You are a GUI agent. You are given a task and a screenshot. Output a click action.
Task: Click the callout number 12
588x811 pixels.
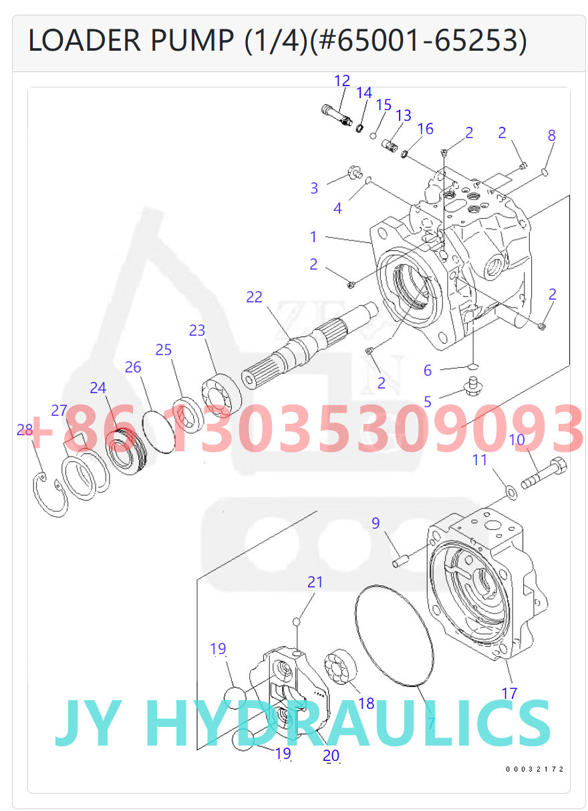tap(341, 81)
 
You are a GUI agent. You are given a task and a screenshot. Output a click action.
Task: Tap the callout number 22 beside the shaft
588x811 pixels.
tap(254, 297)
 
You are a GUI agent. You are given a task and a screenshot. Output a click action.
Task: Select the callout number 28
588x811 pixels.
tap(25, 430)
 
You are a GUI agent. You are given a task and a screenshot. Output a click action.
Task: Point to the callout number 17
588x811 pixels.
tap(509, 694)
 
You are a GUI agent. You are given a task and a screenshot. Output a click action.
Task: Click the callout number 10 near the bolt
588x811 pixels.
tap(517, 440)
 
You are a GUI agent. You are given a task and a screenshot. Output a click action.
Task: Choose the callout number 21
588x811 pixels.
tap(315, 582)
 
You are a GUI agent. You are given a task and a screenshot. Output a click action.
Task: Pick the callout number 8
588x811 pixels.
tap(551, 136)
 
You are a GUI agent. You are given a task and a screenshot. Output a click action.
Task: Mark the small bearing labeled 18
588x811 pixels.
tap(340, 669)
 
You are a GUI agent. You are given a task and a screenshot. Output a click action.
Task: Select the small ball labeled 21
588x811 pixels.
tap(297, 622)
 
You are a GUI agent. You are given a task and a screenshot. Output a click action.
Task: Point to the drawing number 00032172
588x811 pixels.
tap(535, 770)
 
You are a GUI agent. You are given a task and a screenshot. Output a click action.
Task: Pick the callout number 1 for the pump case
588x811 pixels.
tap(313, 236)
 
